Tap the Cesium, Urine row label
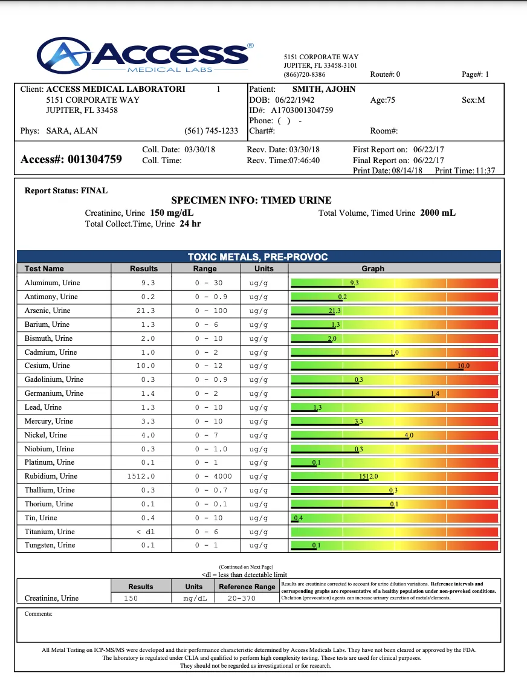pos(47,366)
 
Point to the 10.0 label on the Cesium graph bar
pos(464,366)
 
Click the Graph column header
pos(372,268)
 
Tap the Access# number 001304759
pos(95,160)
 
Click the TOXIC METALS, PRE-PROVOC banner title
pos(258,257)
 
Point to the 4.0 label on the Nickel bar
pos(409,435)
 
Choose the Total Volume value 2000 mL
pos(438,213)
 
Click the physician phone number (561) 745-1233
pos(211,131)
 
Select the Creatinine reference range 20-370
pos(242,598)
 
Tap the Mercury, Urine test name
pos(48,421)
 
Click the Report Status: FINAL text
pos(66,190)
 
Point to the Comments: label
pos(39,614)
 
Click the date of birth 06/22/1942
pos(295,100)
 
